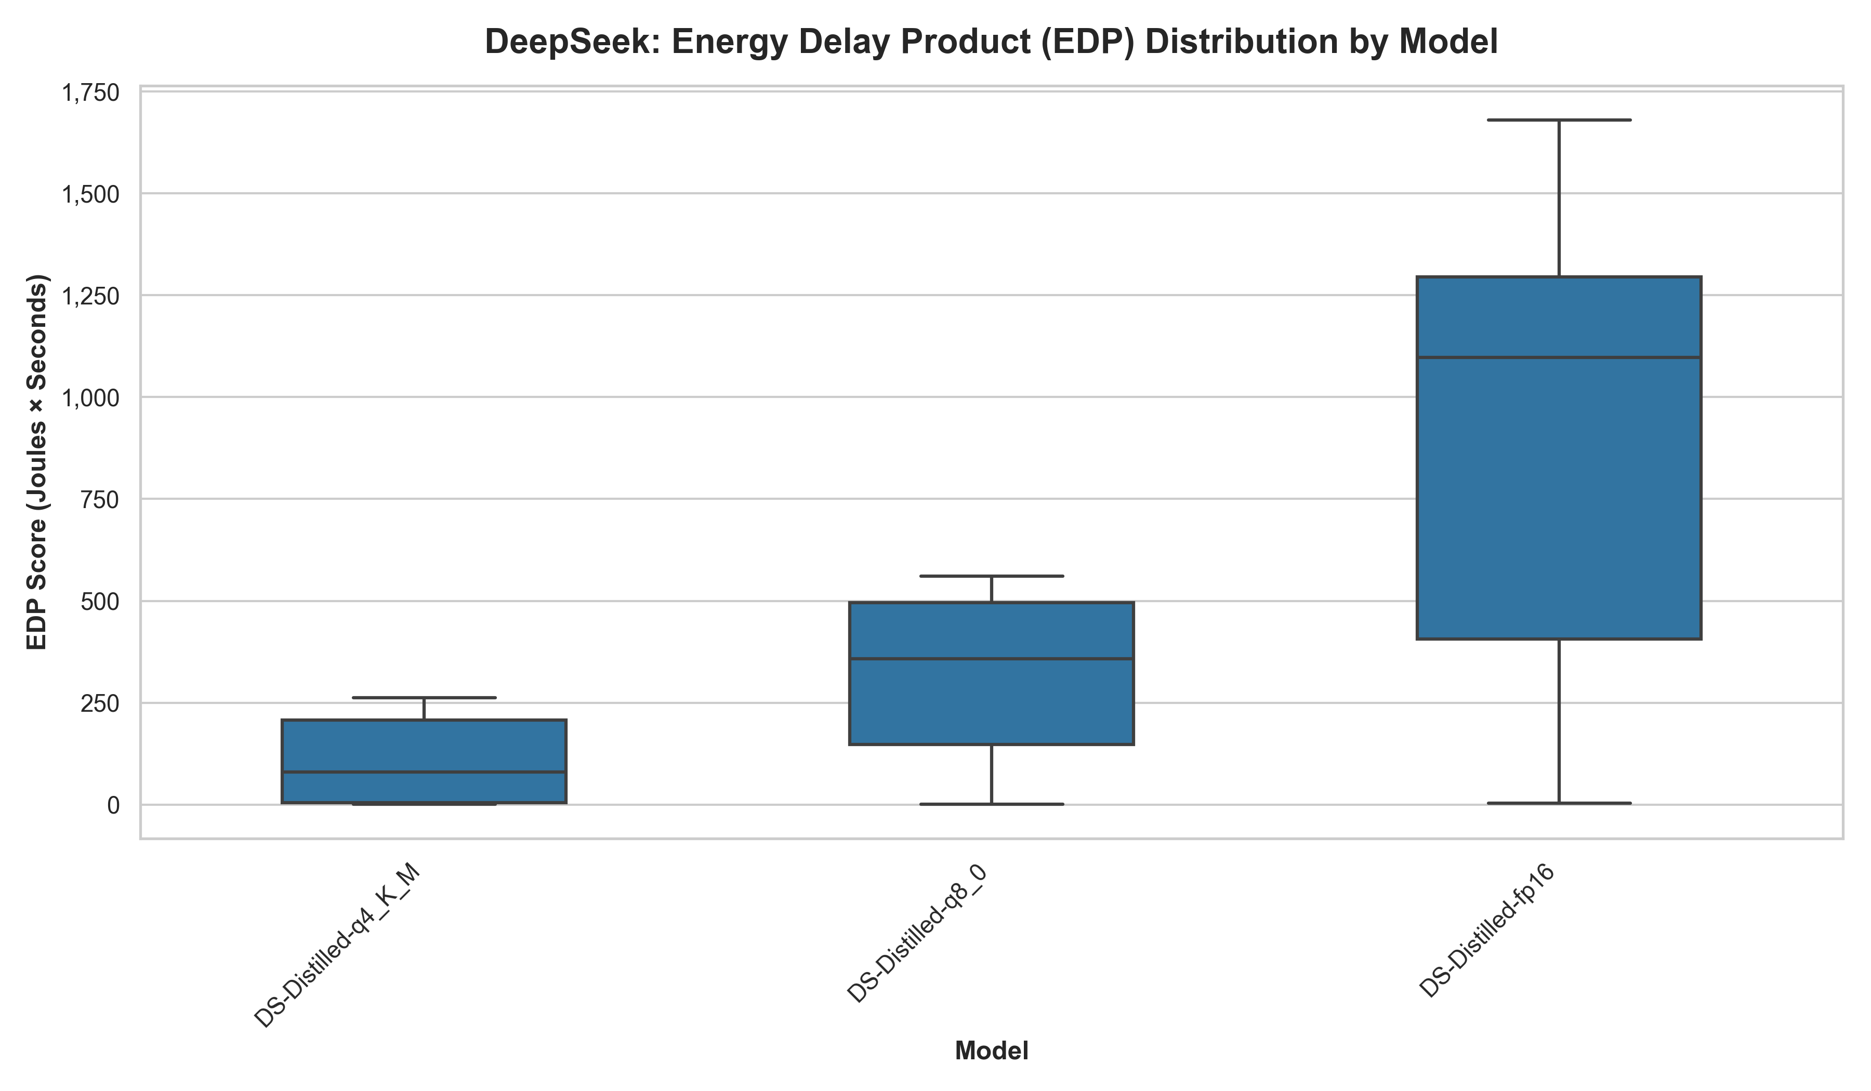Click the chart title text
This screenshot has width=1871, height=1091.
(x=991, y=42)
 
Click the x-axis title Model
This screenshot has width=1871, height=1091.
(x=991, y=1051)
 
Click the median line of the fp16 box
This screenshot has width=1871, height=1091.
(x=1559, y=358)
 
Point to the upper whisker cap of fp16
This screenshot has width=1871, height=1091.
(x=1559, y=119)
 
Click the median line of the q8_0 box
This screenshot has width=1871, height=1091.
(x=991, y=658)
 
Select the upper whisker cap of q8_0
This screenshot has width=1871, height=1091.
(x=991, y=576)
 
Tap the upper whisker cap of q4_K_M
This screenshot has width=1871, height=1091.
(x=424, y=698)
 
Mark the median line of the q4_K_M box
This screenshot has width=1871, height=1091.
(x=424, y=772)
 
